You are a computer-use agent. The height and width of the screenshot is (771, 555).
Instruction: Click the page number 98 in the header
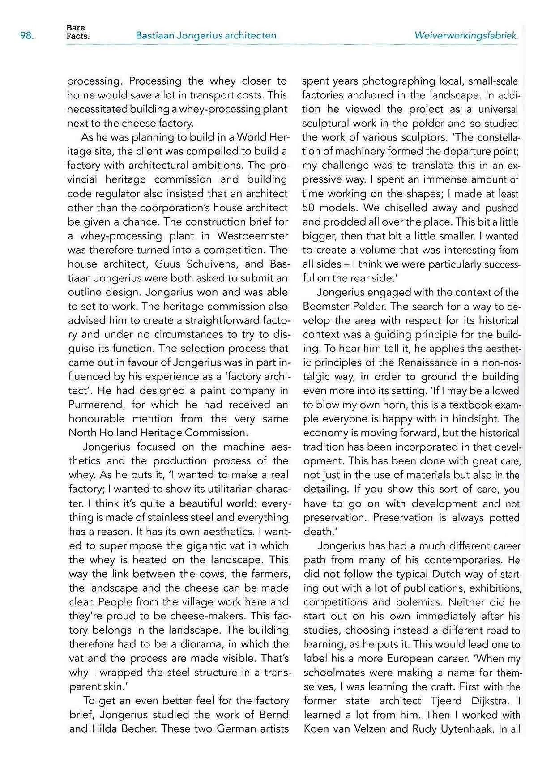pos(27,36)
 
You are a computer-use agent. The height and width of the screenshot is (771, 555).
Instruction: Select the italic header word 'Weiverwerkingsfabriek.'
pos(466,36)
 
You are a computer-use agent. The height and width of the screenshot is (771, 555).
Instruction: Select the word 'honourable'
pos(95,419)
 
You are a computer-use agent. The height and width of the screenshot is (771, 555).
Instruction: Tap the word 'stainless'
pos(144,518)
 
